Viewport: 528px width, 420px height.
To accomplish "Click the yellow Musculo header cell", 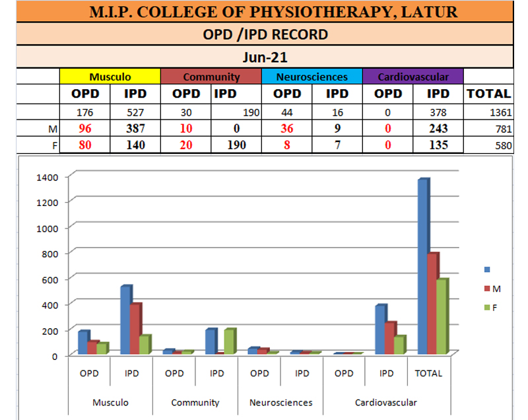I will pos(110,77).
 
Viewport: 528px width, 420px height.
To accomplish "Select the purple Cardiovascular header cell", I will pos(413,77).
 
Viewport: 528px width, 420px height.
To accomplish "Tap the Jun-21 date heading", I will pos(264,57).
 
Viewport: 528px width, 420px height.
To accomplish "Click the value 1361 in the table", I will pos(500,112).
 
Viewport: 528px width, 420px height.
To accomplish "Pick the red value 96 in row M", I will pos(84,129).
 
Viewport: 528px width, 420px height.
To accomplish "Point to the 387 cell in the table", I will pos(135,129).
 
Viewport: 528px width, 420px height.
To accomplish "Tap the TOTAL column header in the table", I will pos(488,94).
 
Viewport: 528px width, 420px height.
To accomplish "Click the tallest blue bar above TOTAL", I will pos(422,264).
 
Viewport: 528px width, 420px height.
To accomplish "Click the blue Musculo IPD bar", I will pos(125,320).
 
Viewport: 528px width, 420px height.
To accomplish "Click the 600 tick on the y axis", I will pos(51,279).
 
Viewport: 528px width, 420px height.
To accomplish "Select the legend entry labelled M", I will pos(492,289).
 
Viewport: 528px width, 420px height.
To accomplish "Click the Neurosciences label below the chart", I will pos(280,402).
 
